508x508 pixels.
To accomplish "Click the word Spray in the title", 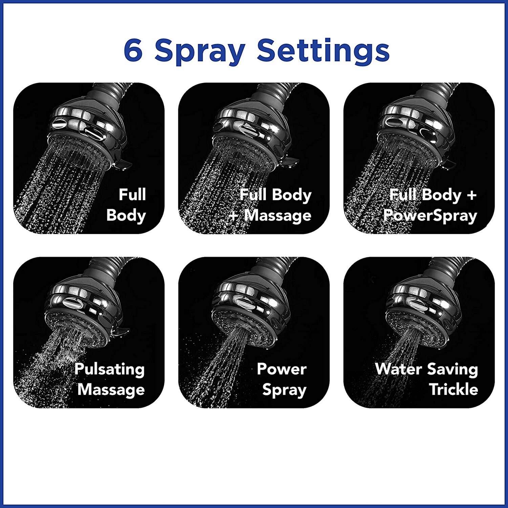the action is pos(199,52).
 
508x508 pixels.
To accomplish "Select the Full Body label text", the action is pos(126,205).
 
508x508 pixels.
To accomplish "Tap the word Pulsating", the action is pos(109,369).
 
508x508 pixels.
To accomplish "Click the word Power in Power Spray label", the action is pos(281,368).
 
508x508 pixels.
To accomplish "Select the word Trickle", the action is pos(453,389).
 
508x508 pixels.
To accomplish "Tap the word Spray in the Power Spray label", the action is pos(284,390).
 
